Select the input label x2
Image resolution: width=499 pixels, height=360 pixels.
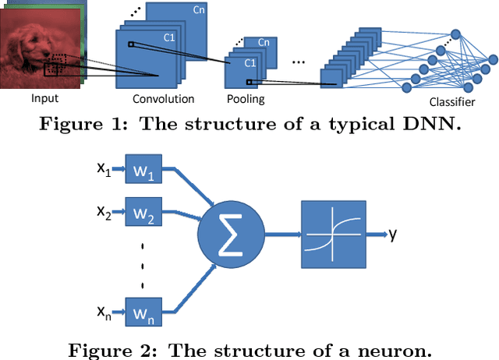(x=104, y=211)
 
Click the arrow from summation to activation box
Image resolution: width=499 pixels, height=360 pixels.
(x=281, y=233)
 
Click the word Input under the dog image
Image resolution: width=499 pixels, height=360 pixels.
(x=44, y=98)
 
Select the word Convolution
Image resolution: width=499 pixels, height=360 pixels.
(x=164, y=99)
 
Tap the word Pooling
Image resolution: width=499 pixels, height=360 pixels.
(x=246, y=99)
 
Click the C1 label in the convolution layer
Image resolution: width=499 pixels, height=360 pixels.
(x=169, y=37)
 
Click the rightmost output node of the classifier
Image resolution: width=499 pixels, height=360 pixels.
(x=493, y=58)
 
